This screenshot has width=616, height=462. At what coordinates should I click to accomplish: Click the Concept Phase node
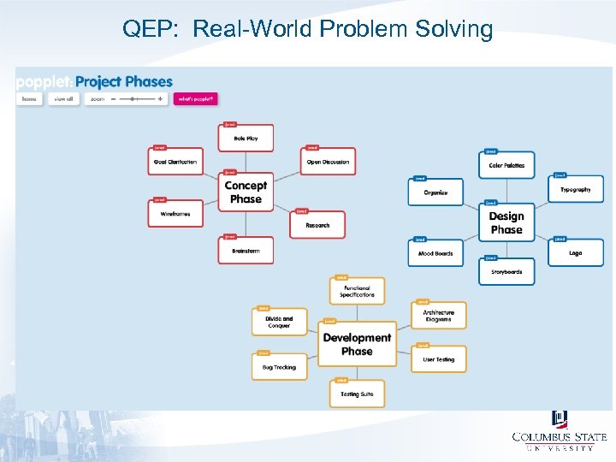246,192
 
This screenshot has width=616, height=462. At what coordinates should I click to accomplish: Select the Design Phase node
506,223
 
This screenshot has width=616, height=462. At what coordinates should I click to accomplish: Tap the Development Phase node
357,345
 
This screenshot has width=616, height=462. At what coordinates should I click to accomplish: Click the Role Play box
246,139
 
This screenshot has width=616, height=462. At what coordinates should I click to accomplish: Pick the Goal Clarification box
175,162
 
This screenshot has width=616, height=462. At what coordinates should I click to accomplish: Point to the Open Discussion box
329,162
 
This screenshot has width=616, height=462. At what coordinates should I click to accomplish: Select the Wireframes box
175,214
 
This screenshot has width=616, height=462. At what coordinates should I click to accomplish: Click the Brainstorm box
246,251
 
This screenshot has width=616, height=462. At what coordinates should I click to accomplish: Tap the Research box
317,225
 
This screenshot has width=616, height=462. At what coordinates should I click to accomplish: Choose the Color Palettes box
506,165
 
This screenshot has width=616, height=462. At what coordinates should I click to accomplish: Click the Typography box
576,189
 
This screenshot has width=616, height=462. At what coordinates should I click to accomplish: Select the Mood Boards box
435,253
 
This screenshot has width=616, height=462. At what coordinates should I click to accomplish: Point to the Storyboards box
506,272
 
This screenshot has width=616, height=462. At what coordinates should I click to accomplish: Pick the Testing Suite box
357,394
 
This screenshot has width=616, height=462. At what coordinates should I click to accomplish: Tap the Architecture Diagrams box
439,316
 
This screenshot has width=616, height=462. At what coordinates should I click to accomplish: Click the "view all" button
62,99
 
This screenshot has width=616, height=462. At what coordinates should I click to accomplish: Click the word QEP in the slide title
150,29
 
